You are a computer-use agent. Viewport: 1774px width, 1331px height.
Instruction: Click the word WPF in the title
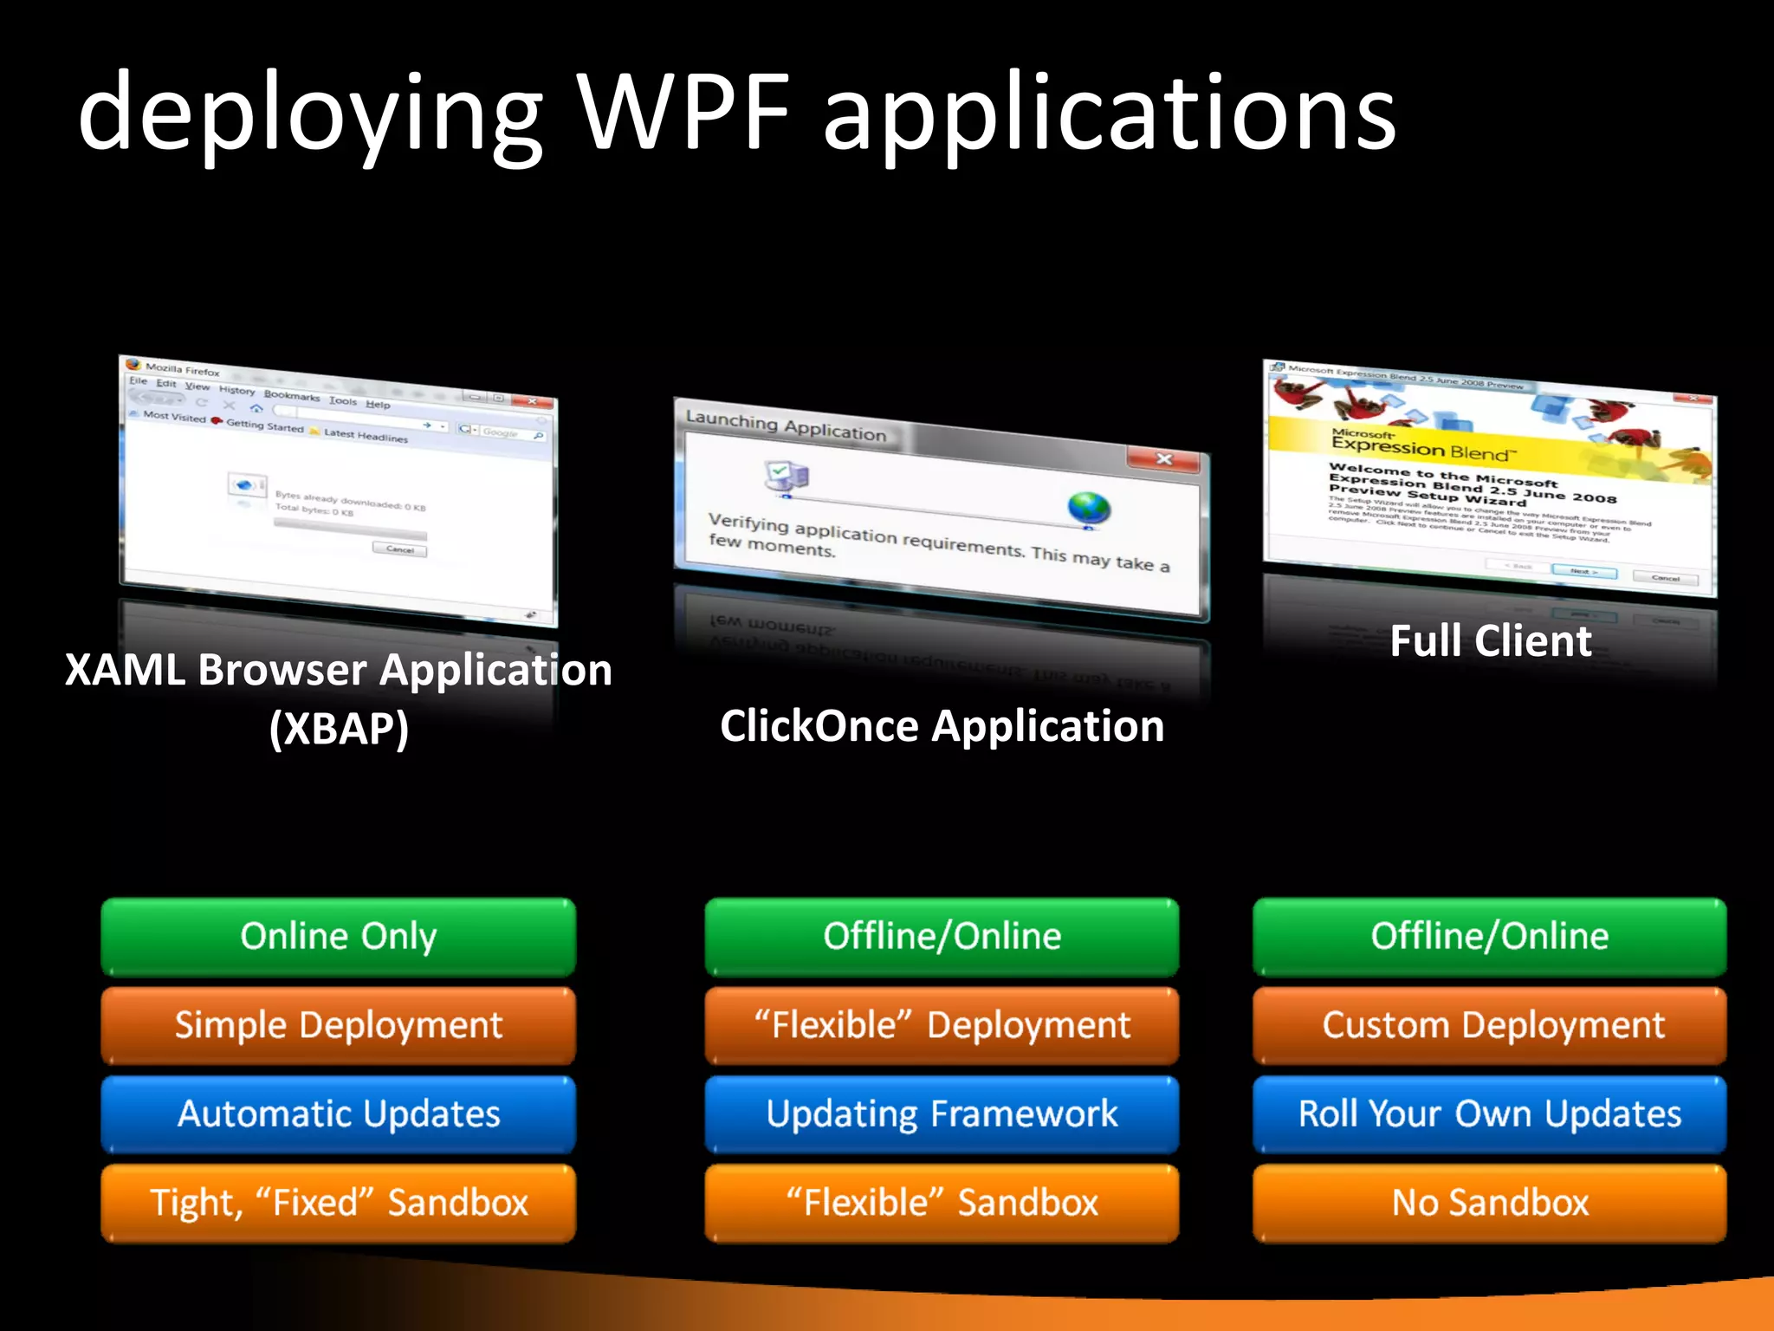click(684, 113)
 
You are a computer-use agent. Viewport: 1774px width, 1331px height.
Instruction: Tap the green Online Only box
click(338, 937)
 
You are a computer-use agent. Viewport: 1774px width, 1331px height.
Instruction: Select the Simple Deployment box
click(338, 1026)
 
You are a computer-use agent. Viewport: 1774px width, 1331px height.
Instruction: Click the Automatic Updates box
click(338, 1114)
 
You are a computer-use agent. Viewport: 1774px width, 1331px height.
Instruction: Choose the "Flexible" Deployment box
click(942, 1026)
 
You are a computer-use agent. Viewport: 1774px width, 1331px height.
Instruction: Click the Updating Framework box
click(942, 1114)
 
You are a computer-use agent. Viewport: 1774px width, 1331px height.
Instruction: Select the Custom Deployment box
click(1490, 1026)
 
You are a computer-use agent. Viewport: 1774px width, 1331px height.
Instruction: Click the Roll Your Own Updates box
click(1490, 1114)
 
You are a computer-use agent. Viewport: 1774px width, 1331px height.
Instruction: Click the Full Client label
click(1490, 641)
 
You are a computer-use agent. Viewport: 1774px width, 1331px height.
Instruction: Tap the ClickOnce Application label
click(942, 726)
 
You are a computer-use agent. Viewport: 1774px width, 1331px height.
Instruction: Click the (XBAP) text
click(339, 728)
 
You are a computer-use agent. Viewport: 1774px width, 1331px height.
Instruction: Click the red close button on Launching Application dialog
click(1163, 459)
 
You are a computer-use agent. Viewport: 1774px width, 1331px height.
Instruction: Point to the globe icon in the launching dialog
click(1089, 508)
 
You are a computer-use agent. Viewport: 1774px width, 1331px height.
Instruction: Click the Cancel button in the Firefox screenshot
click(399, 549)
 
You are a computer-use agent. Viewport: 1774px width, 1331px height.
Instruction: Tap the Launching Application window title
click(786, 426)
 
